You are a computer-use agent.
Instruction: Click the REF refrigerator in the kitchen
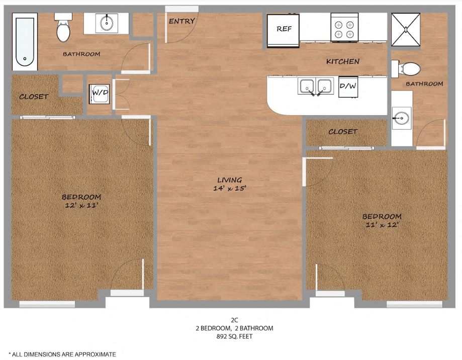point(283,31)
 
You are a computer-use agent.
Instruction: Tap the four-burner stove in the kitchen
point(344,27)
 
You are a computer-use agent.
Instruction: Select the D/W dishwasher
point(348,86)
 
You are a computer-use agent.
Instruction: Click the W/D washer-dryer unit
point(100,94)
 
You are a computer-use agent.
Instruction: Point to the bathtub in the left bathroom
point(25,42)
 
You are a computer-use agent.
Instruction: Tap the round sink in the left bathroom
point(107,23)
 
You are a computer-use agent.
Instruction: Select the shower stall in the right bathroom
point(406,30)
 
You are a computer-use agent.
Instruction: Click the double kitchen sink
point(316,86)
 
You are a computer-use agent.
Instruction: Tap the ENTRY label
point(182,21)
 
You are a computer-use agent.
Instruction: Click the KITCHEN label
point(343,61)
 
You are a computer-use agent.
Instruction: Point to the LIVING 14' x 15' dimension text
point(230,184)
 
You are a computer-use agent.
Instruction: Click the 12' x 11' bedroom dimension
point(81,205)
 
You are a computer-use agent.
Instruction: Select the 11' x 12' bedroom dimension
point(382,225)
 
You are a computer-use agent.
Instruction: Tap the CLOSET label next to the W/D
point(34,97)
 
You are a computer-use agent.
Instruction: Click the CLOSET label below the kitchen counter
point(343,132)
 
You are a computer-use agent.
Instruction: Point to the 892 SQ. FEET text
point(235,336)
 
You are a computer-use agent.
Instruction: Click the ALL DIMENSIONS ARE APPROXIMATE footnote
point(62,354)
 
